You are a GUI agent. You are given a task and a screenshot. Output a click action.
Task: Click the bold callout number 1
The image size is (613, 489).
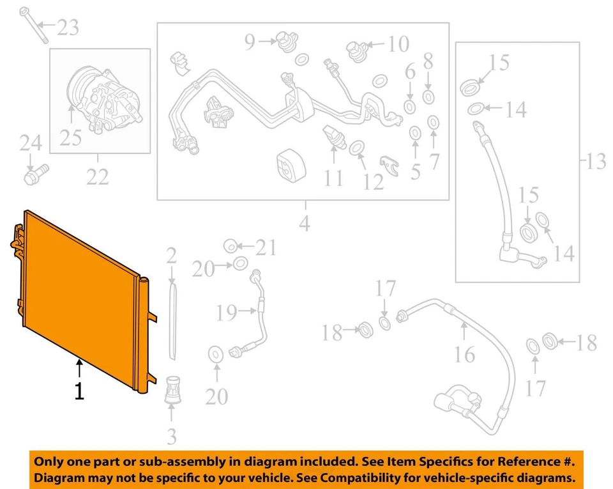(79, 391)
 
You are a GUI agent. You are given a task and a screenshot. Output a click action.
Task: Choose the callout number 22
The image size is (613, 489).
(98, 176)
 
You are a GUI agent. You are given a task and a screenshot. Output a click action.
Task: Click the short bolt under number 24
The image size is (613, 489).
(34, 173)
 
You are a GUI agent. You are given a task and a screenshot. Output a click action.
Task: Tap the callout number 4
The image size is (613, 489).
(304, 224)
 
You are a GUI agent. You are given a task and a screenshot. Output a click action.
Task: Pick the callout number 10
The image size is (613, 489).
(398, 44)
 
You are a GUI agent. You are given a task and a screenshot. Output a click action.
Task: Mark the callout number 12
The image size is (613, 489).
(374, 181)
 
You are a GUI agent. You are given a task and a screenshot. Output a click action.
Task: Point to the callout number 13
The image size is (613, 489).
(596, 162)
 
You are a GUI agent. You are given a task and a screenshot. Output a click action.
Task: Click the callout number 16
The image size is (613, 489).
(465, 353)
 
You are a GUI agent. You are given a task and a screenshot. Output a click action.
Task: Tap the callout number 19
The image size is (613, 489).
(227, 313)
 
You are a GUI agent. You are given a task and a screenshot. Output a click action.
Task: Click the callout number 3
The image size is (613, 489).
(172, 437)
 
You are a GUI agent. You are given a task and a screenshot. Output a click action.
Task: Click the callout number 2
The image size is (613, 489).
(171, 256)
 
